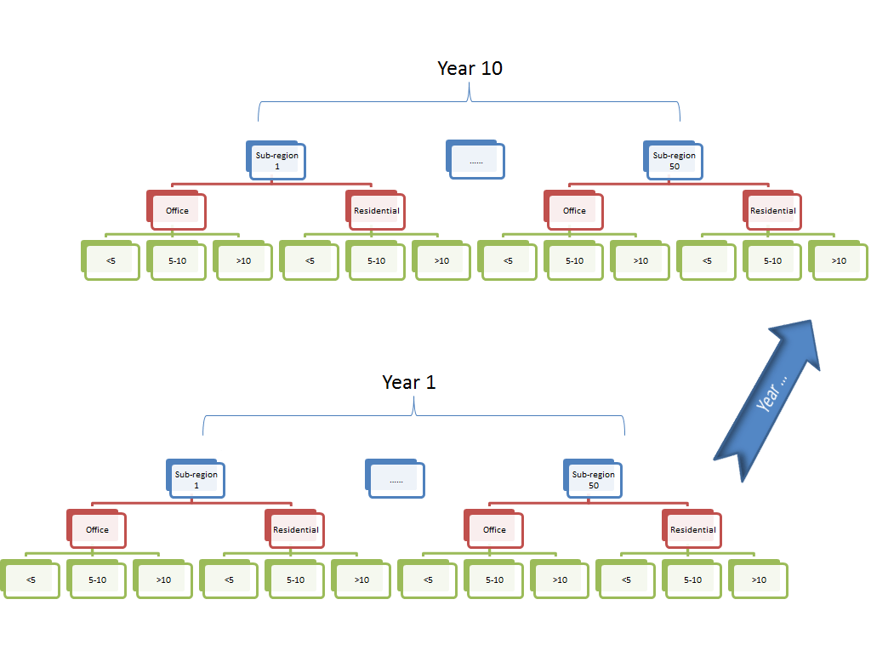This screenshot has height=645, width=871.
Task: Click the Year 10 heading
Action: [470, 68]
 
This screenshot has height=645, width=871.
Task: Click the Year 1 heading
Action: [409, 382]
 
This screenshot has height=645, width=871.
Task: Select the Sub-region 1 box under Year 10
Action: [276, 161]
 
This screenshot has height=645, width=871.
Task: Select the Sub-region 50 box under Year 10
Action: [674, 161]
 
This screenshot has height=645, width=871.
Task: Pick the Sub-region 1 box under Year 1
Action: [196, 480]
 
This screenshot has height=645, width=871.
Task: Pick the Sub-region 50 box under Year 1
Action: [593, 480]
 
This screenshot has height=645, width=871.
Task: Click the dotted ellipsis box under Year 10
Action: [475, 160]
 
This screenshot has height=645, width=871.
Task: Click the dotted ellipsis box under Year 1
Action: [396, 479]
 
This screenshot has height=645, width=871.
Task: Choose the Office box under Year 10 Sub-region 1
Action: [177, 210]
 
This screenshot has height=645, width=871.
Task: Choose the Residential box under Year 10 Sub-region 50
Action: [772, 210]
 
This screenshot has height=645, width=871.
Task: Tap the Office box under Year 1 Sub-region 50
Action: [494, 529]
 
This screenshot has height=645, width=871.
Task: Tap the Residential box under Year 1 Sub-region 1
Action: [295, 529]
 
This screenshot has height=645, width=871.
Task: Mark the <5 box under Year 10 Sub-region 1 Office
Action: [111, 260]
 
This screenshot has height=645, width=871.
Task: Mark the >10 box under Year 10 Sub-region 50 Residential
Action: [839, 260]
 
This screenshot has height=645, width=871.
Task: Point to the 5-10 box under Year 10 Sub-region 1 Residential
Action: [376, 260]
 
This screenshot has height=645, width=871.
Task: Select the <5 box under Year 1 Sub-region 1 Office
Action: [31, 579]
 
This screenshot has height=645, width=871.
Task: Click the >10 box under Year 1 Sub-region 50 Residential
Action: [759, 579]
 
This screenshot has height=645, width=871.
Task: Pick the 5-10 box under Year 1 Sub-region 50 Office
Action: [494, 579]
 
